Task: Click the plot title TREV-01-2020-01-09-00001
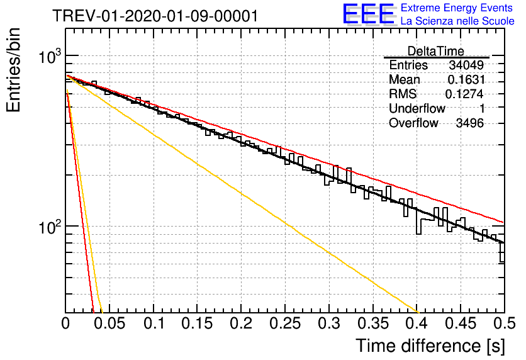155,16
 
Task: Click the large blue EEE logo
368,14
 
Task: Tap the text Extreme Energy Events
457,8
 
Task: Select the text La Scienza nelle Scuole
457,21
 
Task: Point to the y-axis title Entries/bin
13,70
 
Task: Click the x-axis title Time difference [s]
430,346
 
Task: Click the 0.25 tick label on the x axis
285,323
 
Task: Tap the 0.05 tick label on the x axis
109,323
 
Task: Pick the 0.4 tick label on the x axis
417,323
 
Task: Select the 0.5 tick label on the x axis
505,323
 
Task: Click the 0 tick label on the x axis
65,323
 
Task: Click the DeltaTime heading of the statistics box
436,51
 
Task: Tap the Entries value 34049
466,65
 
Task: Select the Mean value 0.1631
466,79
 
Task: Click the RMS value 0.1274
464,94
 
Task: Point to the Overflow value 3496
469,123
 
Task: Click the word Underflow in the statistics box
417,108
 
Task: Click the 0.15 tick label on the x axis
197,323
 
